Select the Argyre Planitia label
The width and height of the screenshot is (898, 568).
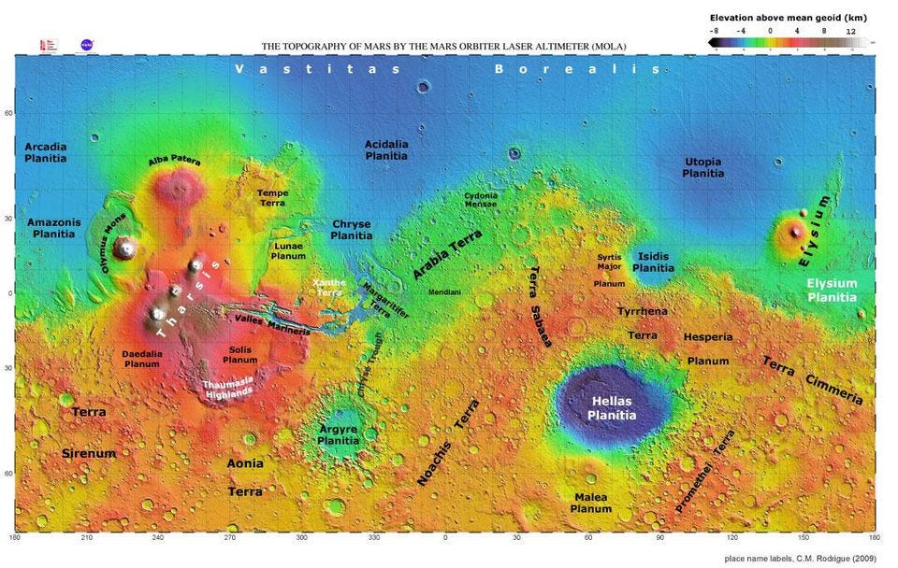[339, 434]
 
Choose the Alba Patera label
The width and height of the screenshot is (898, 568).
[175, 162]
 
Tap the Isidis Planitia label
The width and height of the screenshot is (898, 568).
[653, 261]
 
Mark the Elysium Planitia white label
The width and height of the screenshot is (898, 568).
[832, 290]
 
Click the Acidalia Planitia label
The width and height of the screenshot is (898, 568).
[386, 150]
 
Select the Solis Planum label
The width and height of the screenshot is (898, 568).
[240, 354]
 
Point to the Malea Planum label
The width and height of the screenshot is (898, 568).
[590, 503]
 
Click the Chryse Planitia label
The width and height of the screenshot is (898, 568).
[351, 230]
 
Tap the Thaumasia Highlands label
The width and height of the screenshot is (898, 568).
[229, 388]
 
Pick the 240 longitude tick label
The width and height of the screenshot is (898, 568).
[157, 539]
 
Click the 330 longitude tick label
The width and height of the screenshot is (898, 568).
[373, 539]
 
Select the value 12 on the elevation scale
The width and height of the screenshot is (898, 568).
[850, 30]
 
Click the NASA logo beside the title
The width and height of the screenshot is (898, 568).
[86, 44]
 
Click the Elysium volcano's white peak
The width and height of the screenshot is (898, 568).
[796, 230]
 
